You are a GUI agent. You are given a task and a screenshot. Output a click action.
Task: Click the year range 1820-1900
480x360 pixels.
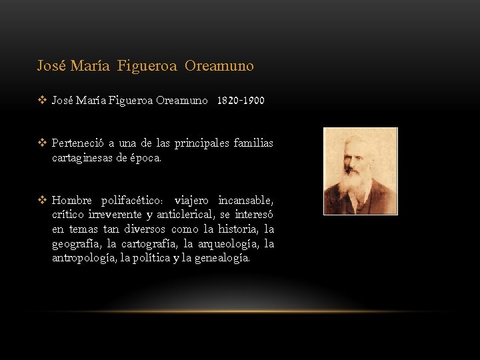tap(240, 101)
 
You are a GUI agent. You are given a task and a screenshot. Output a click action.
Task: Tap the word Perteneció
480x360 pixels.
tap(78, 144)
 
